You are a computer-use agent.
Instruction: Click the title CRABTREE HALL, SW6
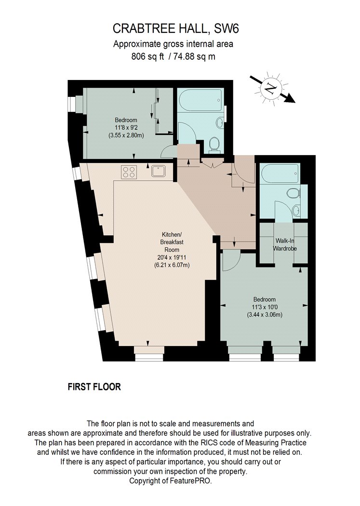click(x=176, y=29)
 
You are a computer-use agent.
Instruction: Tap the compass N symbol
click(x=271, y=87)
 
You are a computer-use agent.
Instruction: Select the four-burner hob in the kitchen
click(x=129, y=172)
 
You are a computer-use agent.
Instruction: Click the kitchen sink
click(x=159, y=171)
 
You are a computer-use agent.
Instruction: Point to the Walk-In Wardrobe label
click(x=285, y=245)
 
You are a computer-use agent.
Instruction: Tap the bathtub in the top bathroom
click(x=200, y=100)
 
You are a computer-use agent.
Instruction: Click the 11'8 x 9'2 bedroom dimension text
click(x=126, y=128)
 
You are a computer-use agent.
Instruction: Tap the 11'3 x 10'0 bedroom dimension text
click(x=265, y=307)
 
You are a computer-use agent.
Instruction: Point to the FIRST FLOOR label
click(x=94, y=386)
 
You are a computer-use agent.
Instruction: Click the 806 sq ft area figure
click(x=148, y=56)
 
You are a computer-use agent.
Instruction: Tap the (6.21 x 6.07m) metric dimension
click(x=172, y=265)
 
